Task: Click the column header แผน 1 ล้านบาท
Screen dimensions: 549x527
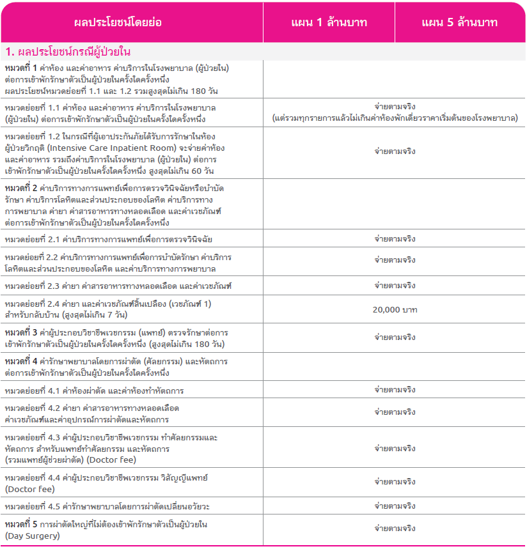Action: click(x=329, y=22)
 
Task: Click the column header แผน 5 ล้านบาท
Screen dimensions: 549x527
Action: click(x=459, y=22)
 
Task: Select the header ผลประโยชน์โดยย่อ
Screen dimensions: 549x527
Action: click(x=118, y=22)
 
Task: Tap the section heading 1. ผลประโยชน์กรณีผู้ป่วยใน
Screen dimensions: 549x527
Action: click(x=68, y=51)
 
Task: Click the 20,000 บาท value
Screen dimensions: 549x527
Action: click(x=395, y=309)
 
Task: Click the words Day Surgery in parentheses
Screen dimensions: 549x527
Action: click(x=32, y=536)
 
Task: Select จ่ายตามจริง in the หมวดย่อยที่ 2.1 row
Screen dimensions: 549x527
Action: click(x=395, y=239)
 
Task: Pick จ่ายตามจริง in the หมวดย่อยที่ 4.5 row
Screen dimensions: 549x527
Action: click(x=395, y=506)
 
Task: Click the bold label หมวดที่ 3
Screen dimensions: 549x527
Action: click(x=20, y=333)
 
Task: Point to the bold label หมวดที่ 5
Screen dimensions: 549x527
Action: click(x=20, y=525)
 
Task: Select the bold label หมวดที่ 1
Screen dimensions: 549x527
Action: click(x=20, y=68)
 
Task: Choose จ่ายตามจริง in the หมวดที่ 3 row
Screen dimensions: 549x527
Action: click(x=395, y=337)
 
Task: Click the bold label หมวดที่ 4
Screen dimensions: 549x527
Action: click(x=20, y=362)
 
